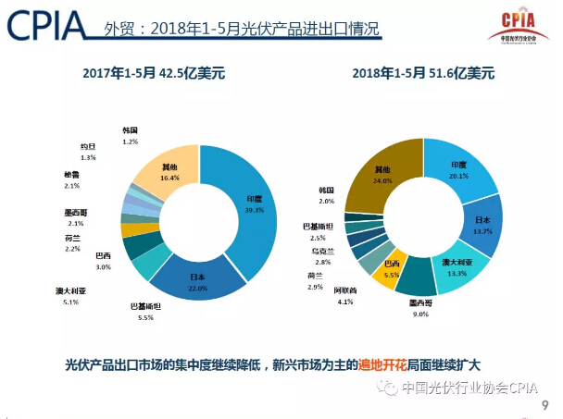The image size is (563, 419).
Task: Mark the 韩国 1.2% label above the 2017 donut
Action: tap(130, 136)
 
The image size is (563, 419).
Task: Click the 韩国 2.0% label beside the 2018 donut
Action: tap(325, 195)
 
